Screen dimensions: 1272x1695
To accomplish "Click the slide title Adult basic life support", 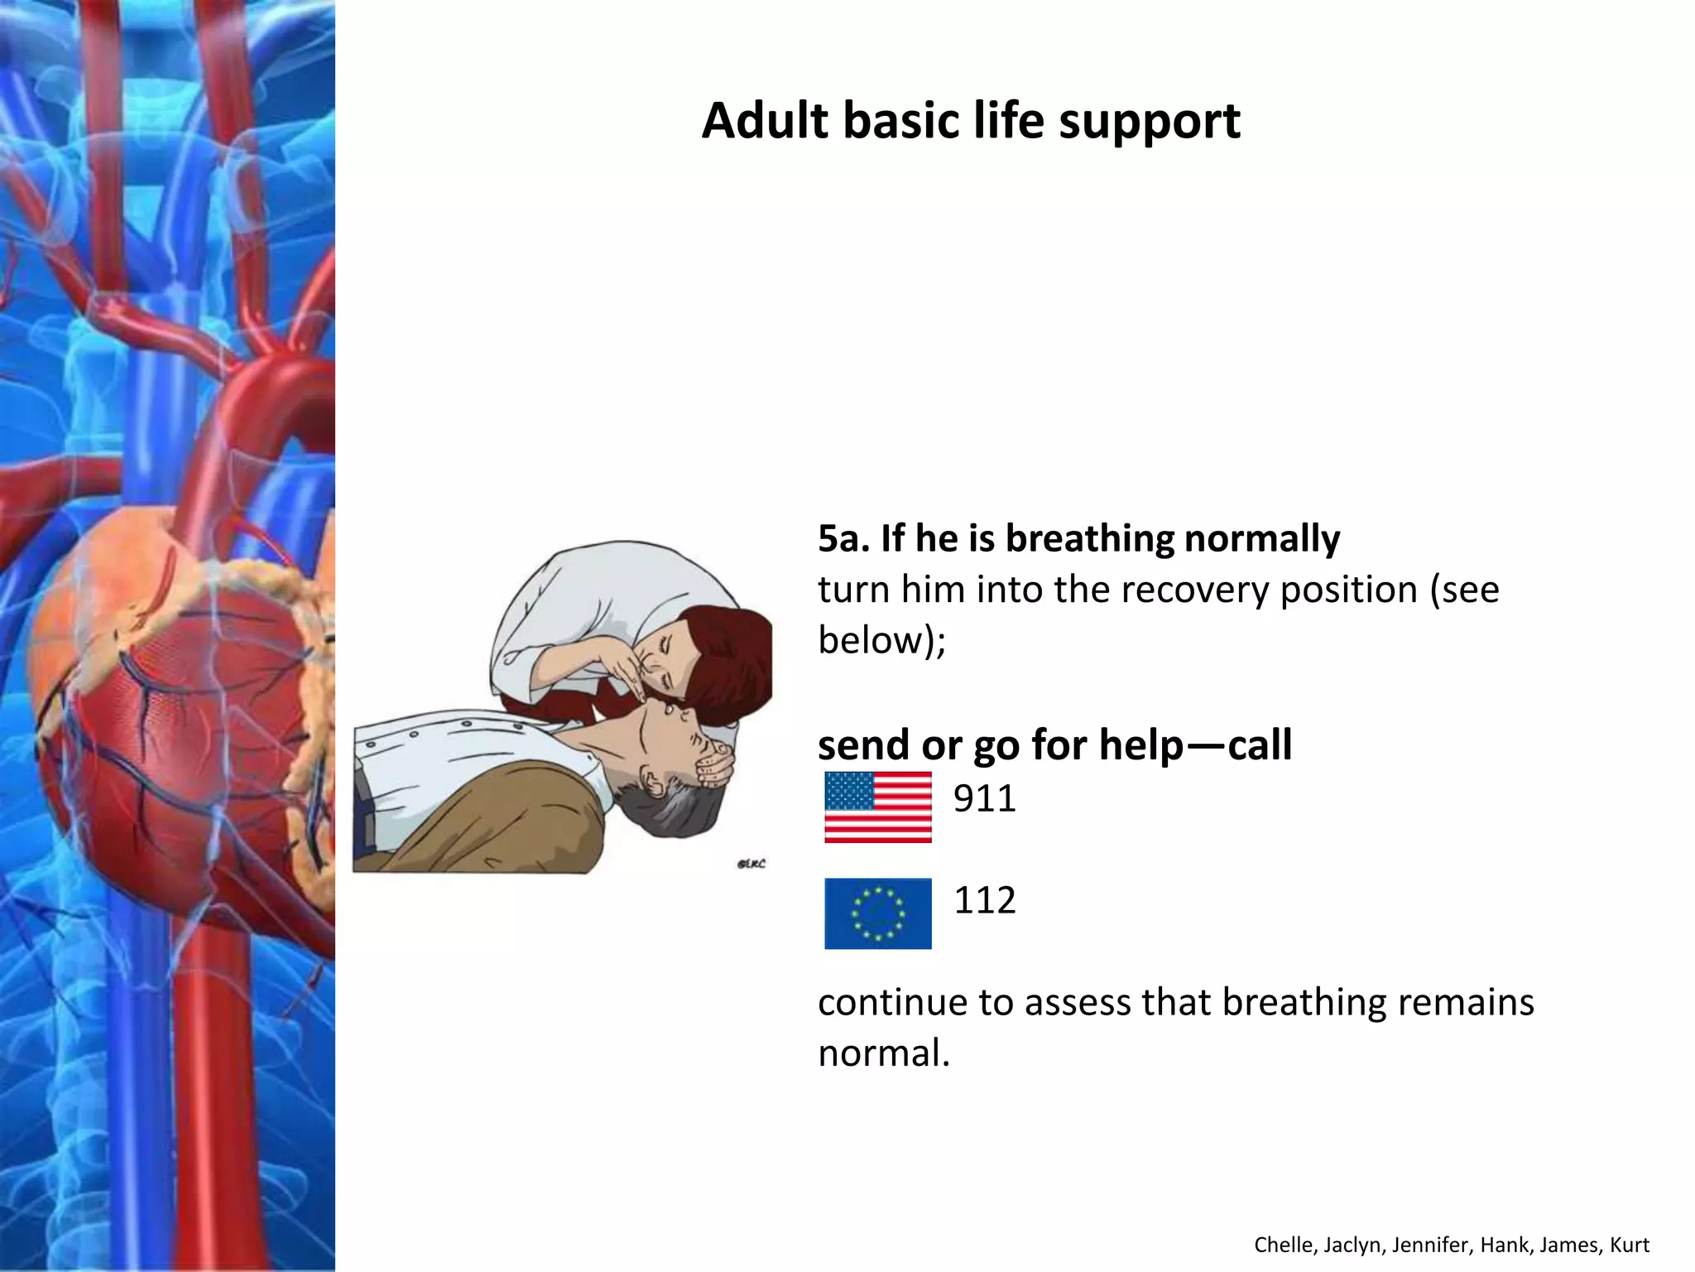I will (970, 121).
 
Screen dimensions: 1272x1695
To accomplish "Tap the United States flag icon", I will (877, 807).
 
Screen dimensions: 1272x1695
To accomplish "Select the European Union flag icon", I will (877, 913).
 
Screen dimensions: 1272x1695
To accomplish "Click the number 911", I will (984, 799).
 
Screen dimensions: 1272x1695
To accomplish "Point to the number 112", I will (984, 900).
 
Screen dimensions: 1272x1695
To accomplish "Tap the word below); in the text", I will (881, 641).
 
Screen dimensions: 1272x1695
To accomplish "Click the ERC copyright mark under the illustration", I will (751, 864).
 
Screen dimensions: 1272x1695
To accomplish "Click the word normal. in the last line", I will (883, 1054).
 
